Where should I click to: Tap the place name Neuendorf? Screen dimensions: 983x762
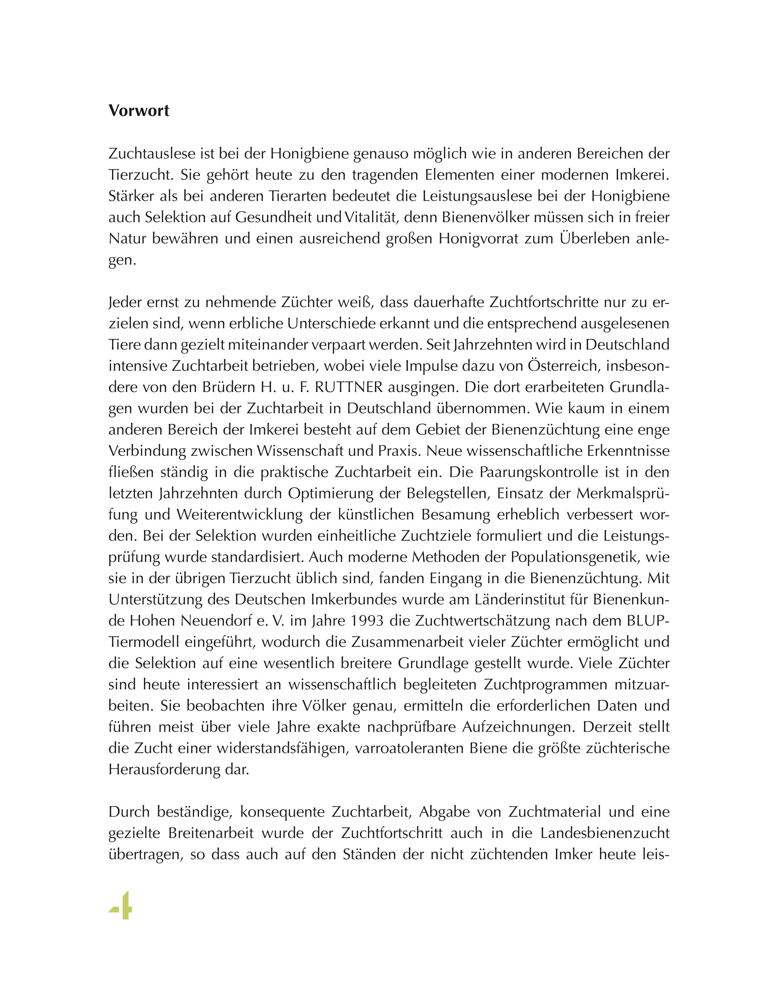(215, 621)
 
